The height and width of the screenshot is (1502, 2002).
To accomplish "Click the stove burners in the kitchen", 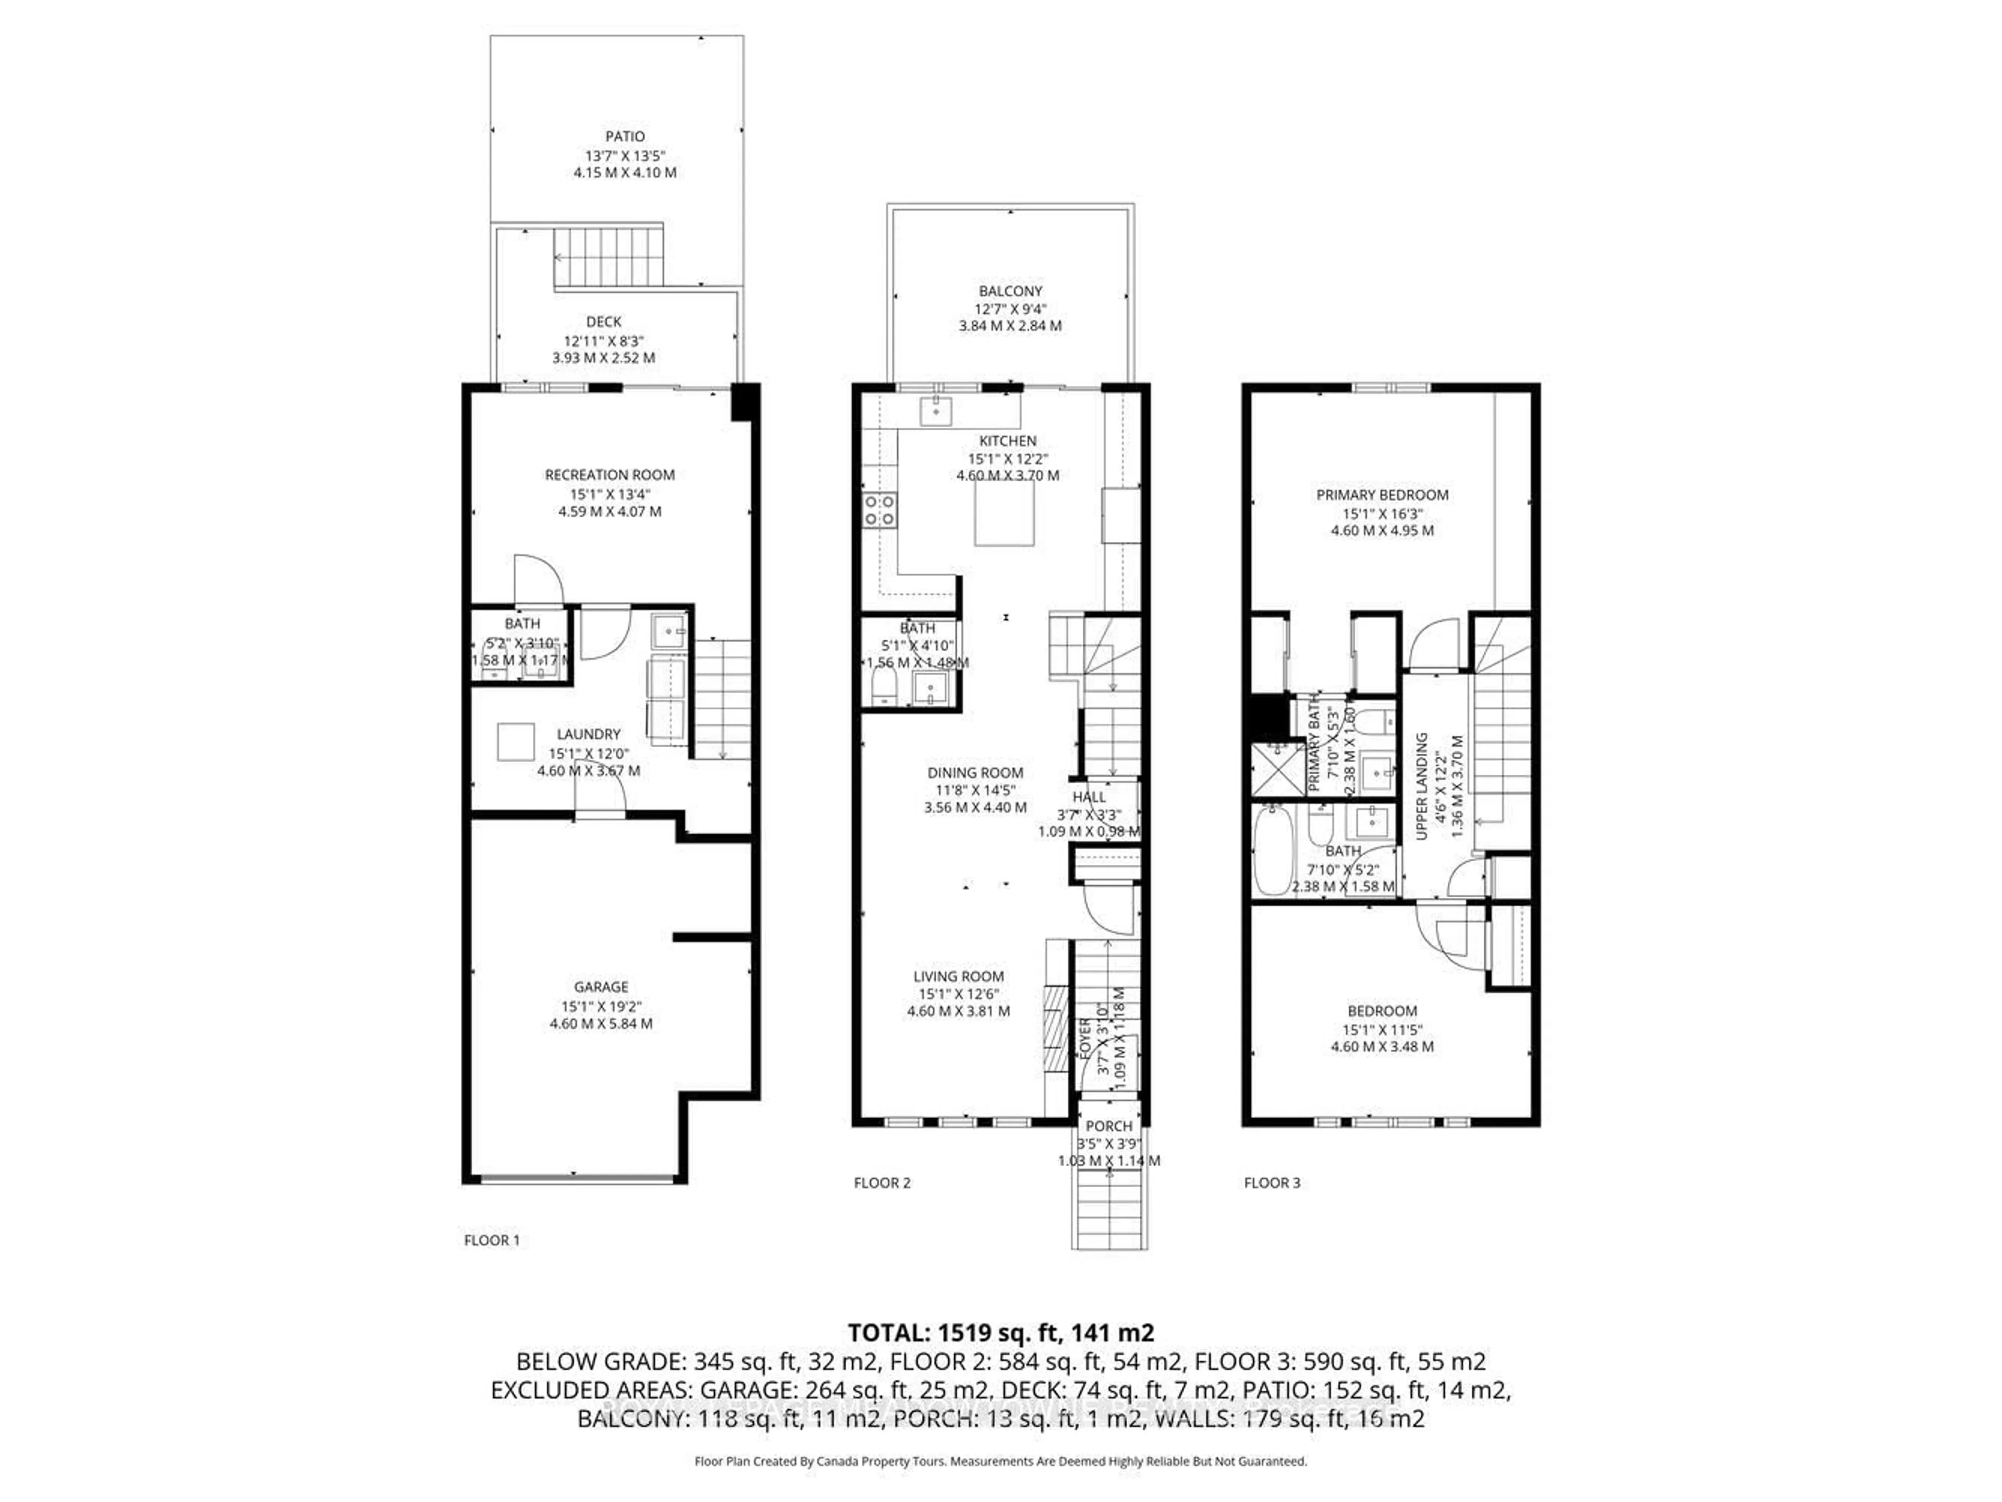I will [x=880, y=510].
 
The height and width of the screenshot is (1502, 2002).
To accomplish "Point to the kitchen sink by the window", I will [x=935, y=412].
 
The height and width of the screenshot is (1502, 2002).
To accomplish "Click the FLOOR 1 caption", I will [x=492, y=1240].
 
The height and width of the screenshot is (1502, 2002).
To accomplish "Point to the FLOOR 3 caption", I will [x=1272, y=1182].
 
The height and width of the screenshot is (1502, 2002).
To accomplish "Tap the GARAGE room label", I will [x=601, y=987].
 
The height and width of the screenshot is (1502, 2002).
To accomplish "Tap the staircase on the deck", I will [x=609, y=256].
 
